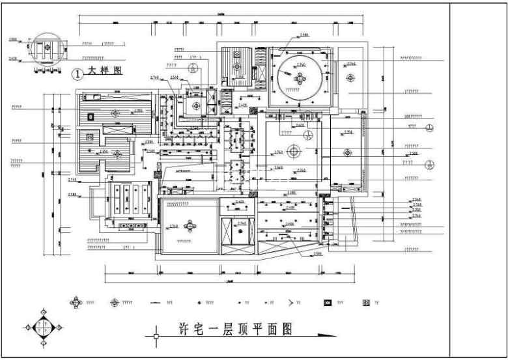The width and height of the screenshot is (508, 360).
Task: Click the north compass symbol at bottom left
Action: click(44, 327)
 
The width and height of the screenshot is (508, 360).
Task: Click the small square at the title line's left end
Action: click(156, 336)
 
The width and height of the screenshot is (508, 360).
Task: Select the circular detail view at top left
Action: click(46, 49)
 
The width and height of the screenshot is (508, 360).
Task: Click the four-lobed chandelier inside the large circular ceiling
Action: click(301, 77)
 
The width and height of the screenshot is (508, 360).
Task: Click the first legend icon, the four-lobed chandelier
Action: click(77, 303)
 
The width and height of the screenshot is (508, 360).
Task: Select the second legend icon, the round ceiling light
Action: click(115, 303)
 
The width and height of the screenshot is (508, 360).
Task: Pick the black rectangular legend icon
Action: click(328, 303)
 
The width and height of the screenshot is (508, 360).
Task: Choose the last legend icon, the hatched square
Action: click(366, 303)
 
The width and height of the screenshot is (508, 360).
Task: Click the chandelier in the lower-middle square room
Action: click(190, 227)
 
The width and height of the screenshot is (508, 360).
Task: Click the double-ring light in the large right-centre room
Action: click(294, 151)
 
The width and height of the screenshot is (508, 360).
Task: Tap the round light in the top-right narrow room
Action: click(351, 78)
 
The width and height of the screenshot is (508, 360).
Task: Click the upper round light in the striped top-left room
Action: click(115, 113)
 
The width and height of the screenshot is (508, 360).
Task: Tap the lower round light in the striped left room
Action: click(117, 154)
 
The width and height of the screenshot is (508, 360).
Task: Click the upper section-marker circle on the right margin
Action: click(430, 128)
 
